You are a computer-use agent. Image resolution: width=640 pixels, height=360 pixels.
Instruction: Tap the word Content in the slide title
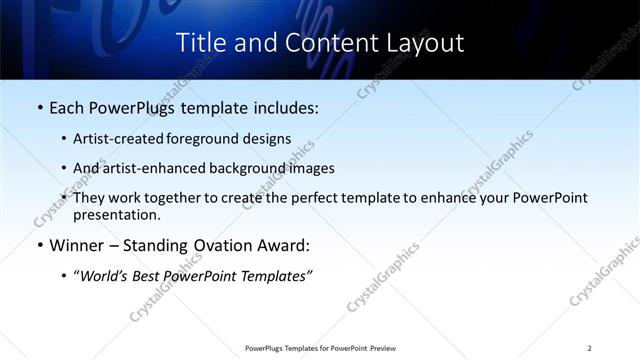pyautogui.click(x=317, y=43)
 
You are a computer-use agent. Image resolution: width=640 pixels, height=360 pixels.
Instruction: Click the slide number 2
pyautogui.click(x=590, y=348)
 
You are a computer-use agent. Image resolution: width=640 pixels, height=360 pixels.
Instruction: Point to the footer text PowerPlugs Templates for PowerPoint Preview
pyautogui.click(x=320, y=348)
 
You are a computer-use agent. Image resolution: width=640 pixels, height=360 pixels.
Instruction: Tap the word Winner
pyautogui.click(x=77, y=245)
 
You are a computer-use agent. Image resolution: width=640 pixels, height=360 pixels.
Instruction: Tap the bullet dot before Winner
pyautogui.click(x=38, y=245)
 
